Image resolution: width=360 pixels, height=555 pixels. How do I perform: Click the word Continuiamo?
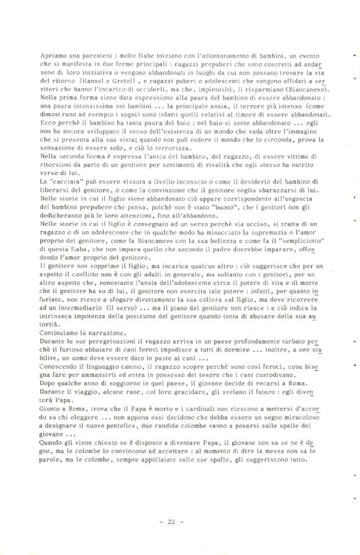pyautogui.click(x=62, y=351)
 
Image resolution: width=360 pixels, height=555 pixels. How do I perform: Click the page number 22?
pyautogui.click(x=172, y=522)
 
